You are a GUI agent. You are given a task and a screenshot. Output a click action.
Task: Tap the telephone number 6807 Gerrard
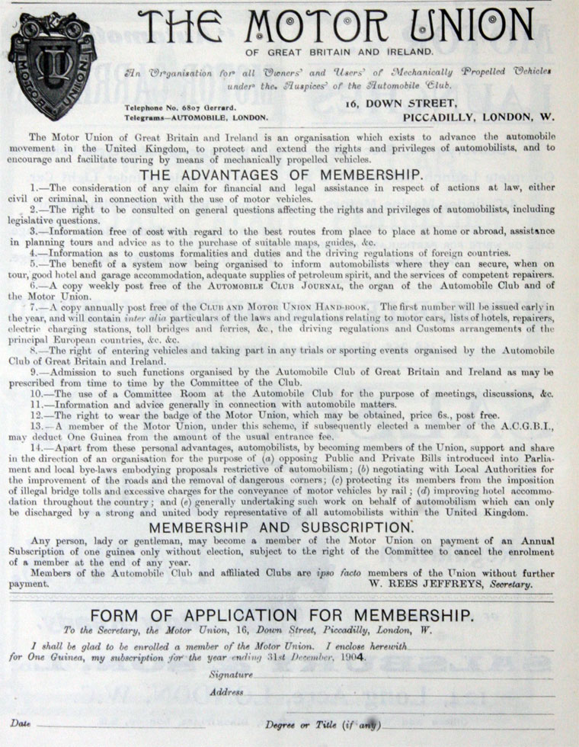(178, 107)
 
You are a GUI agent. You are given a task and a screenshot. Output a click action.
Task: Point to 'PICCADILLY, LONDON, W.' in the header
(478, 118)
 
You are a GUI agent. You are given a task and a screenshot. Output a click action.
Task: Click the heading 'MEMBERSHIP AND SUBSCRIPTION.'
(291, 527)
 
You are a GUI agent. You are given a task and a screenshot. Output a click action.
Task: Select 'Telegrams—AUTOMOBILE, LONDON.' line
(197, 118)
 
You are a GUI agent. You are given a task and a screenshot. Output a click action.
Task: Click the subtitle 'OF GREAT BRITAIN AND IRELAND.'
(339, 52)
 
